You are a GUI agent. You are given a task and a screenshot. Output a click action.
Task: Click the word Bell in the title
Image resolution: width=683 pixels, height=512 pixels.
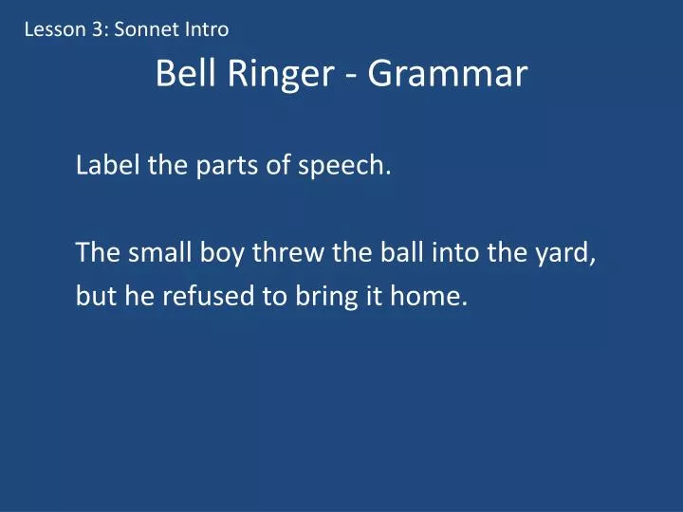(x=185, y=74)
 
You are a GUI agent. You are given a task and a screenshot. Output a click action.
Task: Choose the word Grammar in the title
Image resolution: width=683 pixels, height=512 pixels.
(x=447, y=74)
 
